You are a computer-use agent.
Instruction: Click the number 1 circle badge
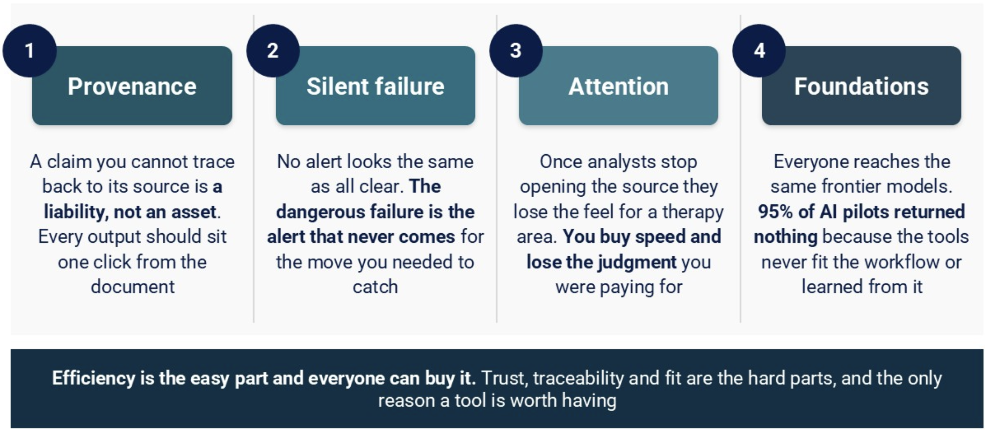30,51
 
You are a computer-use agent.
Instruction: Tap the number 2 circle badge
273,51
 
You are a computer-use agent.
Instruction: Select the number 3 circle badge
516,51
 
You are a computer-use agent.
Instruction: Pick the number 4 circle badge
759,51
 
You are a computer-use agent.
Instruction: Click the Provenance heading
132,86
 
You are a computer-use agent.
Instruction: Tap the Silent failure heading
375,86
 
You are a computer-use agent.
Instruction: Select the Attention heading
618,86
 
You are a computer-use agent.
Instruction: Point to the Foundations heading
861,86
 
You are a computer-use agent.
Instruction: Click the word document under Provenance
133,287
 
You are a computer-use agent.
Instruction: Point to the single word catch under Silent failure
375,287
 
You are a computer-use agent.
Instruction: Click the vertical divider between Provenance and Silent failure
254,169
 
